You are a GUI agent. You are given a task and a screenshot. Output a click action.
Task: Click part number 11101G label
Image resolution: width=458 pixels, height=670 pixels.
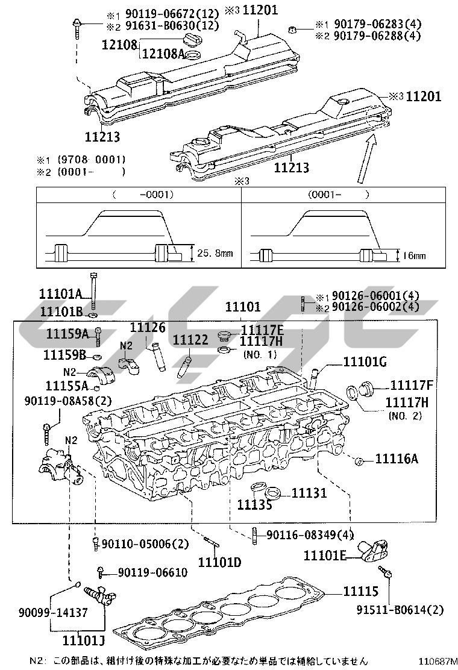pyautogui.click(x=365, y=362)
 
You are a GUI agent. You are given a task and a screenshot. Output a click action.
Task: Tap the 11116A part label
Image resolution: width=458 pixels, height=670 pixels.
pyautogui.click(x=397, y=459)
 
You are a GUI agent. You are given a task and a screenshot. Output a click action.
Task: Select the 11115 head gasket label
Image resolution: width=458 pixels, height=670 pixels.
pyautogui.click(x=361, y=592)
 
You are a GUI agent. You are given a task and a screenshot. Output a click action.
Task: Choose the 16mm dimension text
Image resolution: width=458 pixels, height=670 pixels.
pyautogui.click(x=414, y=255)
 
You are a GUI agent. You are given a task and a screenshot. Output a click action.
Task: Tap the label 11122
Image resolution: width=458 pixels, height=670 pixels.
pyautogui.click(x=190, y=340)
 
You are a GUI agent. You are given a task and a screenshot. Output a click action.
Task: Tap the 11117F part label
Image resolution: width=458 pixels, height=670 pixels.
pyautogui.click(x=412, y=385)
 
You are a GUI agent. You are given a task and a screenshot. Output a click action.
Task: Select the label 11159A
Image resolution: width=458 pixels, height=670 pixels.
pyautogui.click(x=67, y=334)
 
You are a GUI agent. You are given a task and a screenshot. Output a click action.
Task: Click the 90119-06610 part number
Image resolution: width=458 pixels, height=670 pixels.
pyautogui.click(x=152, y=572)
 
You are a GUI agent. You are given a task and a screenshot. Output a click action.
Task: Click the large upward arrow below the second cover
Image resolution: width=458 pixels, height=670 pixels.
pyautogui.click(x=366, y=160)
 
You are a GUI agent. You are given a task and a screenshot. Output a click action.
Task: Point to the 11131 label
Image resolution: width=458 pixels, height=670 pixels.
pyautogui.click(x=309, y=493)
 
